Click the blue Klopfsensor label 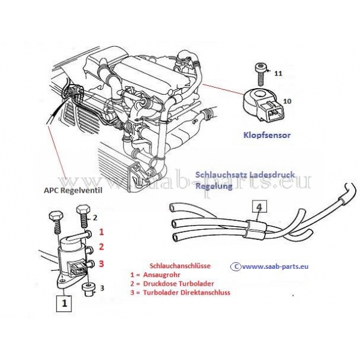(x=267, y=136)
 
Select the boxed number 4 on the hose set (x=257, y=209)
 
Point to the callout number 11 (x=278, y=73)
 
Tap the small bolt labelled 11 (x=259, y=70)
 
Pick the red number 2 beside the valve (x=101, y=247)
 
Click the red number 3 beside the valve (x=101, y=263)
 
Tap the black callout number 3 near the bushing (x=102, y=288)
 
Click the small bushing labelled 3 (x=88, y=289)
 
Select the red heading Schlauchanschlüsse (x=175, y=265)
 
